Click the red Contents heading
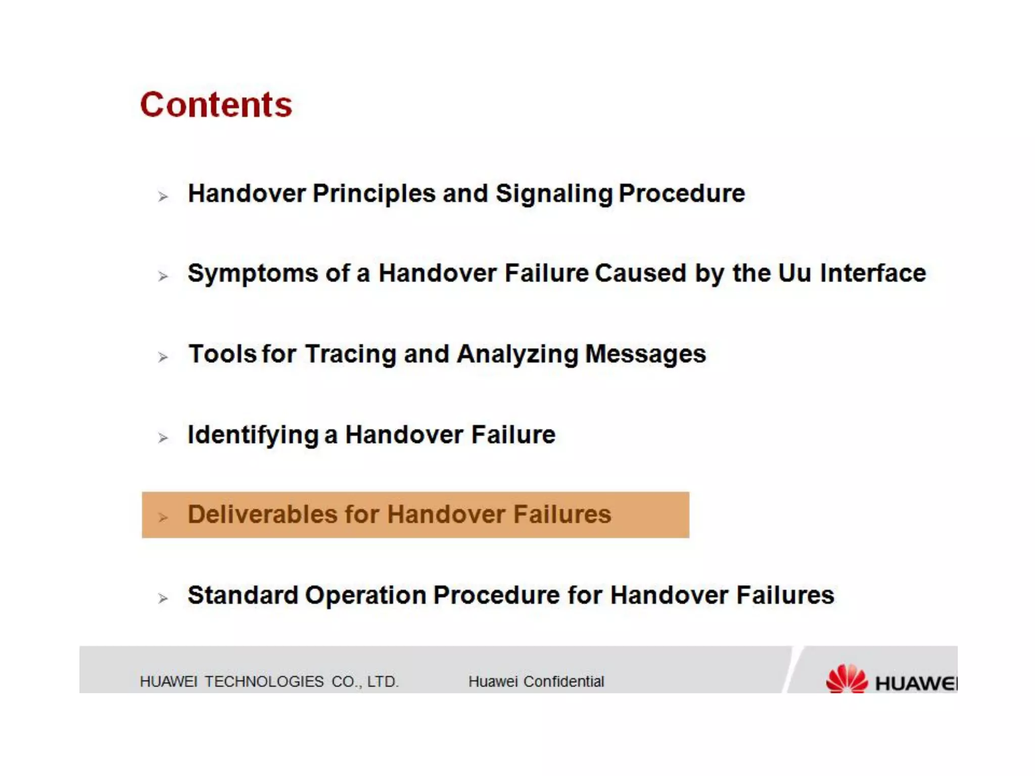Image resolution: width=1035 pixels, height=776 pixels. pyautogui.click(x=216, y=105)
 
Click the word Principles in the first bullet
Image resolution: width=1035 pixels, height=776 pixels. pyautogui.click(x=374, y=193)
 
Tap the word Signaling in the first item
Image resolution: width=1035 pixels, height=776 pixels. pyautogui.click(x=553, y=194)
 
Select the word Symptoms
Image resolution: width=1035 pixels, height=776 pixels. pyautogui.click(x=253, y=274)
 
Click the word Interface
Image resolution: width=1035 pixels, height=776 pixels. pyautogui.click(x=873, y=273)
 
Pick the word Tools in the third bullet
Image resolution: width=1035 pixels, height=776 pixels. pyautogui.click(x=222, y=354)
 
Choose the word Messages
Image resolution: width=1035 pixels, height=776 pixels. pyautogui.click(x=645, y=354)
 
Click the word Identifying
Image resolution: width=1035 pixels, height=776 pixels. pyautogui.click(x=253, y=435)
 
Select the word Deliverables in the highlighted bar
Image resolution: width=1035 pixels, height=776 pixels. pyautogui.click(x=262, y=514)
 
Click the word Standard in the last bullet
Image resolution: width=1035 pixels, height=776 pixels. pyautogui.click(x=243, y=595)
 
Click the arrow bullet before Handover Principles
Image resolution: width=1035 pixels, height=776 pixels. pyautogui.click(x=162, y=196)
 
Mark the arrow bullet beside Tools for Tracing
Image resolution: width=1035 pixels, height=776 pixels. pyautogui.click(x=162, y=357)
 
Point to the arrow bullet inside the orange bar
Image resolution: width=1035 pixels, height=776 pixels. pyautogui.click(x=162, y=517)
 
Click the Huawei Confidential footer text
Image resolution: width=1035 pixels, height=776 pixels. pyautogui.click(x=536, y=682)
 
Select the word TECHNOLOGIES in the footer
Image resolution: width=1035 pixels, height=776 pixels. pyautogui.click(x=264, y=682)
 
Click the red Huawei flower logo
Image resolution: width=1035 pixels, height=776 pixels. pyautogui.click(x=846, y=678)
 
